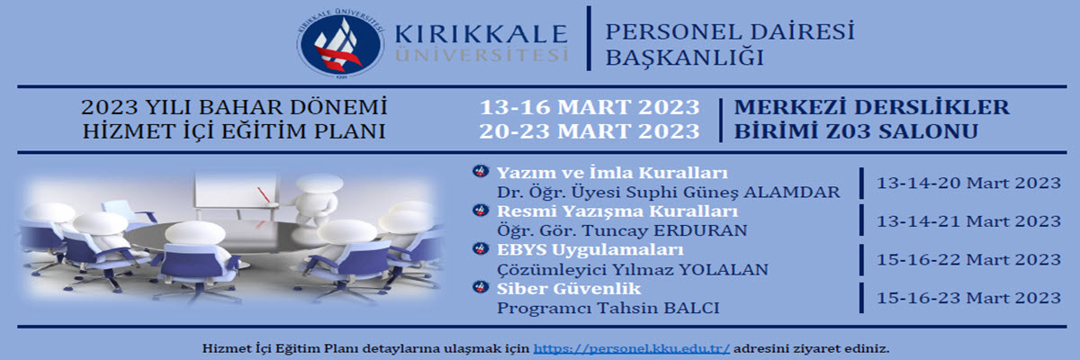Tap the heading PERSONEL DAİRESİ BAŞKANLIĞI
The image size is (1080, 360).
tap(729, 44)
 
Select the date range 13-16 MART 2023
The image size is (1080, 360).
tap(589, 107)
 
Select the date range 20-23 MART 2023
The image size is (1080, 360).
tap(589, 130)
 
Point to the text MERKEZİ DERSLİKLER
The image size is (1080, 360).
tap(871, 107)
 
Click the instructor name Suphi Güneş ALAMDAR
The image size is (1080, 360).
tap(739, 192)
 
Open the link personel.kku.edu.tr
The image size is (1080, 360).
tap(632, 347)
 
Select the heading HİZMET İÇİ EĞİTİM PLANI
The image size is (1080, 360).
tap(232, 130)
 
